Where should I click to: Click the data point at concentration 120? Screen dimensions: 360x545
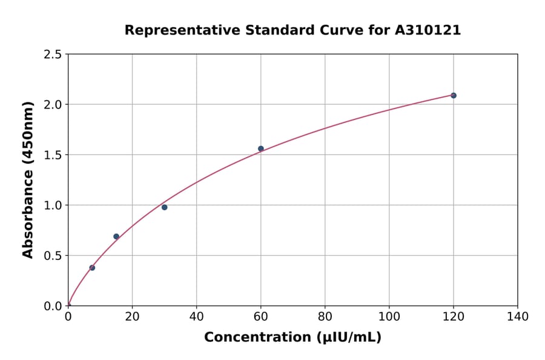click(454, 96)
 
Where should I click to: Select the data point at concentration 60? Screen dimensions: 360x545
click(261, 148)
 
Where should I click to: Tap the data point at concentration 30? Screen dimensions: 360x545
click(164, 207)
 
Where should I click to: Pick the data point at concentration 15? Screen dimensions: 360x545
click(116, 236)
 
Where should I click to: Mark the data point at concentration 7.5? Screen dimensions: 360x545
click(92, 267)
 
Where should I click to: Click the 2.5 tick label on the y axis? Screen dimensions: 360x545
click(53, 55)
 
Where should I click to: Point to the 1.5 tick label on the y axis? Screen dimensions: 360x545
click(53, 155)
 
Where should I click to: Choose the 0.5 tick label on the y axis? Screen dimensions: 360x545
click(53, 256)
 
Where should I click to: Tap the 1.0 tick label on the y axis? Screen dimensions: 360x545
click(53, 205)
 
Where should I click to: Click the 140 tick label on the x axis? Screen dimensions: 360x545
click(518, 316)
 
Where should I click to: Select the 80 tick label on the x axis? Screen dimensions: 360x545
click(325, 316)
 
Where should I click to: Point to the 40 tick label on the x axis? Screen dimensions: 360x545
click(196, 316)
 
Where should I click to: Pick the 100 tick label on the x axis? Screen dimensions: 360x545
click(389, 316)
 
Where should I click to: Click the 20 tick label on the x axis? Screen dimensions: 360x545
click(132, 316)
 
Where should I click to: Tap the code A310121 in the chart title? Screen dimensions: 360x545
click(428, 30)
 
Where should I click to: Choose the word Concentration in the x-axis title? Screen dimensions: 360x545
click(254, 338)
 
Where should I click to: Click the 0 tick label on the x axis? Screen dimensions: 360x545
click(68, 316)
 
